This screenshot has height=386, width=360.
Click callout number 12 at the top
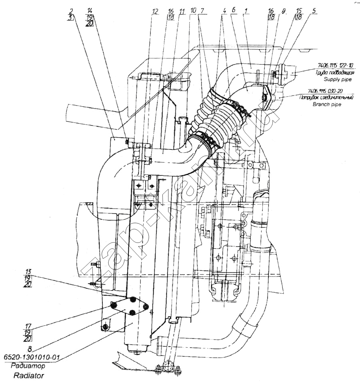(x=155, y=12)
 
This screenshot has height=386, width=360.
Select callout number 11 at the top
(x=182, y=12)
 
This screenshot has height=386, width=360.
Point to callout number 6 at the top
(x=233, y=12)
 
